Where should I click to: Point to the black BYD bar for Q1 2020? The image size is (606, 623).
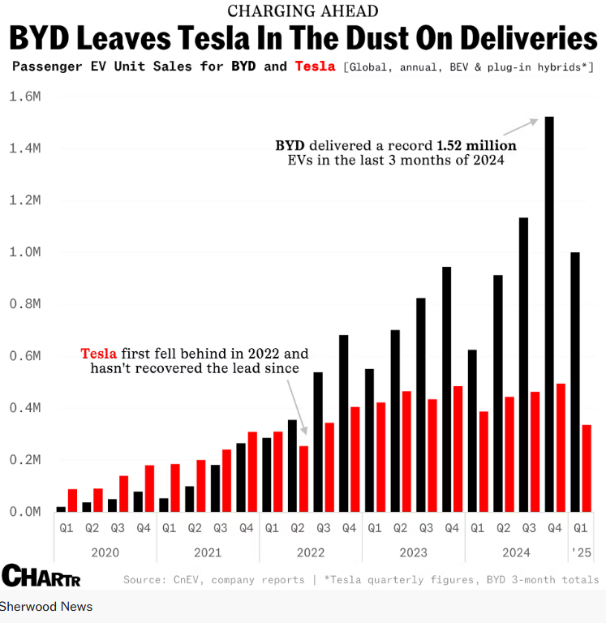[x=61, y=509]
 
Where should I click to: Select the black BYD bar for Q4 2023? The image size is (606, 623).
[x=446, y=389]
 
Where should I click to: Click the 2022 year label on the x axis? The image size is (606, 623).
[x=311, y=552]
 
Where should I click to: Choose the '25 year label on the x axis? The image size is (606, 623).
[x=582, y=552]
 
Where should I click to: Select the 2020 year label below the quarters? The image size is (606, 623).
[x=105, y=552]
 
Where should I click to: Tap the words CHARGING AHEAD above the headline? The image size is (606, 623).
[x=303, y=11]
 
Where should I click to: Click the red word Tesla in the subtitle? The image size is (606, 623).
[x=316, y=66]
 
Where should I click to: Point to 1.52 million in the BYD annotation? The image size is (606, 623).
[x=476, y=146]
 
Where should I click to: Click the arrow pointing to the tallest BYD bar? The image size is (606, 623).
[x=519, y=127]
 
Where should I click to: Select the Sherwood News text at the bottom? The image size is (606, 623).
[x=46, y=607]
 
